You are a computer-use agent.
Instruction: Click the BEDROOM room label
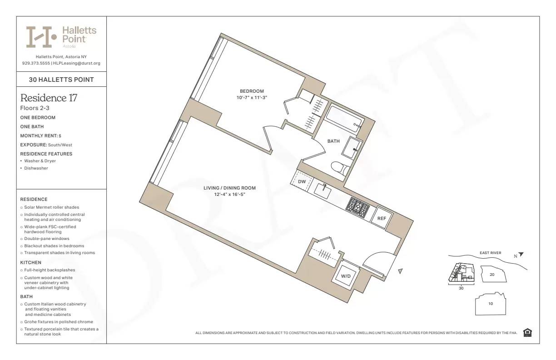[x=252, y=91]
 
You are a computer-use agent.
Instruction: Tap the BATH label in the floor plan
[x=333, y=141]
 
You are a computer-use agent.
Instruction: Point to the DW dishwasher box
[x=302, y=181]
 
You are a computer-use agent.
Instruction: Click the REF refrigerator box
[x=382, y=219]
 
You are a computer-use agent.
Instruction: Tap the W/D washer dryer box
[x=346, y=275]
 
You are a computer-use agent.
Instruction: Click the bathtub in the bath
[x=344, y=118]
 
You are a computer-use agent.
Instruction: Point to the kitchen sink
[x=325, y=190]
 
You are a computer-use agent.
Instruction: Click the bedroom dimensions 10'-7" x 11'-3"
[x=252, y=98]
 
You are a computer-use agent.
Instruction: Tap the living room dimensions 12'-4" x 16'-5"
[x=233, y=195]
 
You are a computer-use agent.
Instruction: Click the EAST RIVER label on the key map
[x=490, y=253]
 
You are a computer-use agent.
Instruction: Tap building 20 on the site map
[x=491, y=275]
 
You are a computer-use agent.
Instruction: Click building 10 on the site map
[x=490, y=304]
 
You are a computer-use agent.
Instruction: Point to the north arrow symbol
[x=521, y=255]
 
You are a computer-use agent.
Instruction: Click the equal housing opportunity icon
[x=527, y=333]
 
